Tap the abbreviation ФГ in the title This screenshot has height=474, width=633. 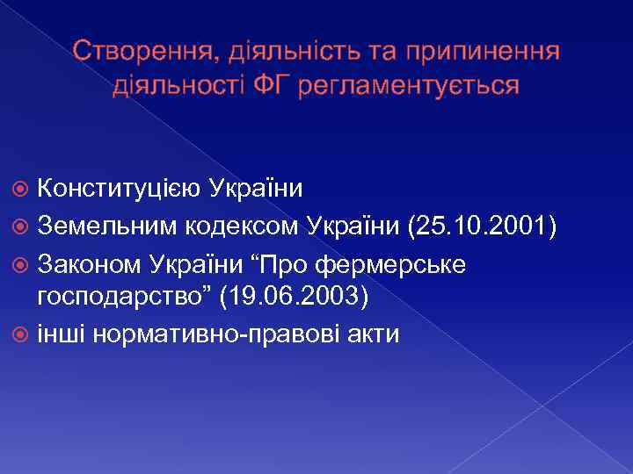click(x=273, y=85)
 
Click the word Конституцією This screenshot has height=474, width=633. click(x=118, y=189)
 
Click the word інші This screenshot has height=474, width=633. click(x=65, y=334)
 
